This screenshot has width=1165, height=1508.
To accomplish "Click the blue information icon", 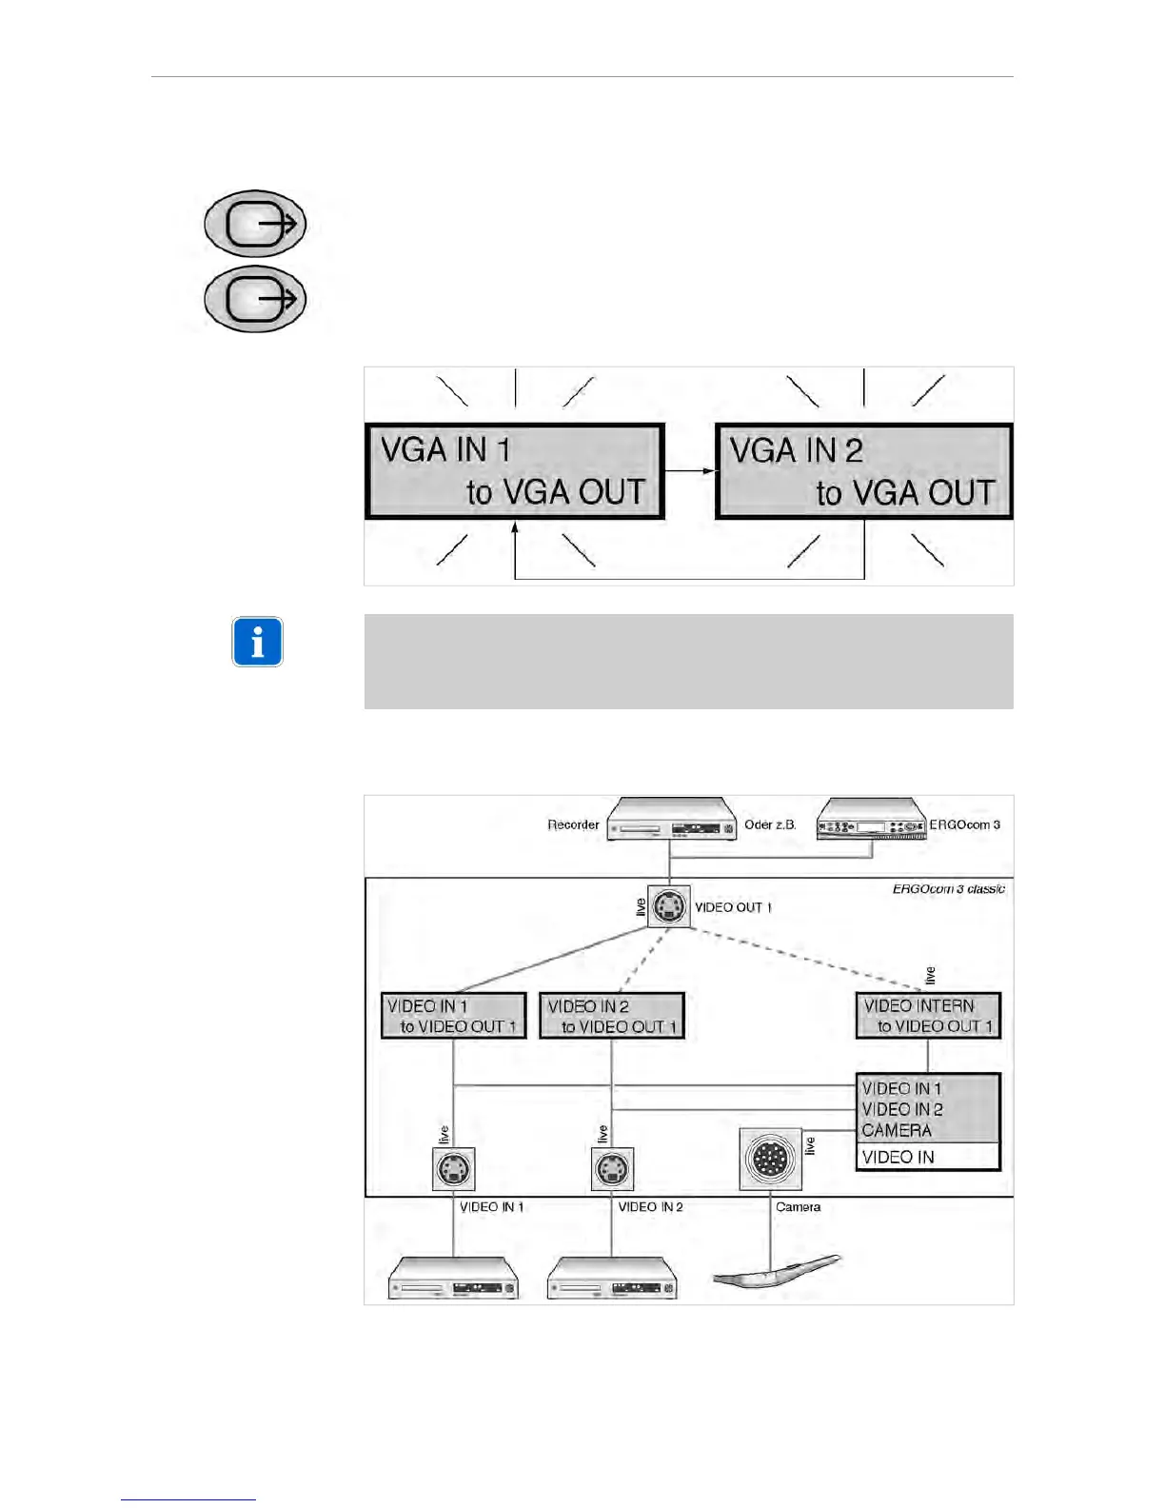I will [x=257, y=642].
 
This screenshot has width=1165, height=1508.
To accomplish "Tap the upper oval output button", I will [x=255, y=224].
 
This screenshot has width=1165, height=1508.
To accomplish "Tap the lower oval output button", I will [x=255, y=299].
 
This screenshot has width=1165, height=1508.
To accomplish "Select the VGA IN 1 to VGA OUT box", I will [x=514, y=471].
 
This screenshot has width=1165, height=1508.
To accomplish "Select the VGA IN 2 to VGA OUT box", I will [x=863, y=471].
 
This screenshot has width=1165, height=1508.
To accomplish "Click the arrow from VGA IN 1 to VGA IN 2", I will [x=689, y=470].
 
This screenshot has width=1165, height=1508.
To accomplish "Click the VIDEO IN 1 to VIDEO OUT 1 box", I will [x=453, y=1016].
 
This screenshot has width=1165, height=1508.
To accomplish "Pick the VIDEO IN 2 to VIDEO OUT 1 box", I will [x=612, y=1016].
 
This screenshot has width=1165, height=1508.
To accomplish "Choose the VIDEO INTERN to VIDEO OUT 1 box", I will [x=928, y=1016].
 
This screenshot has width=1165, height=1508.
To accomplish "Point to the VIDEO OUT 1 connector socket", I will [x=669, y=906].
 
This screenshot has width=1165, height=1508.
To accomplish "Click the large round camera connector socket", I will [x=770, y=1159].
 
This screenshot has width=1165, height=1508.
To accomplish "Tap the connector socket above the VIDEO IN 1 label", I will [x=453, y=1168].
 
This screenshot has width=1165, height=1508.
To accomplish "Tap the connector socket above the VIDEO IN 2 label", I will [x=612, y=1168].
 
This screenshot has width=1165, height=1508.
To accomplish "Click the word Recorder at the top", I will [x=573, y=825].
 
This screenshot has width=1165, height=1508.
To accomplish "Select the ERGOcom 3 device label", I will [x=964, y=825].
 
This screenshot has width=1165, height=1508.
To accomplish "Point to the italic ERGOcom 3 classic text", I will [x=948, y=889].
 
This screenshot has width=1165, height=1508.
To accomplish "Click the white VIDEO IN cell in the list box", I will [x=928, y=1157].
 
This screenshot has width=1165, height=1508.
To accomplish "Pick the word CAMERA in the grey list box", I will [x=897, y=1130].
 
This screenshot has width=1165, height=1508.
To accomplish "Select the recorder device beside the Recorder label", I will [x=672, y=821].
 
